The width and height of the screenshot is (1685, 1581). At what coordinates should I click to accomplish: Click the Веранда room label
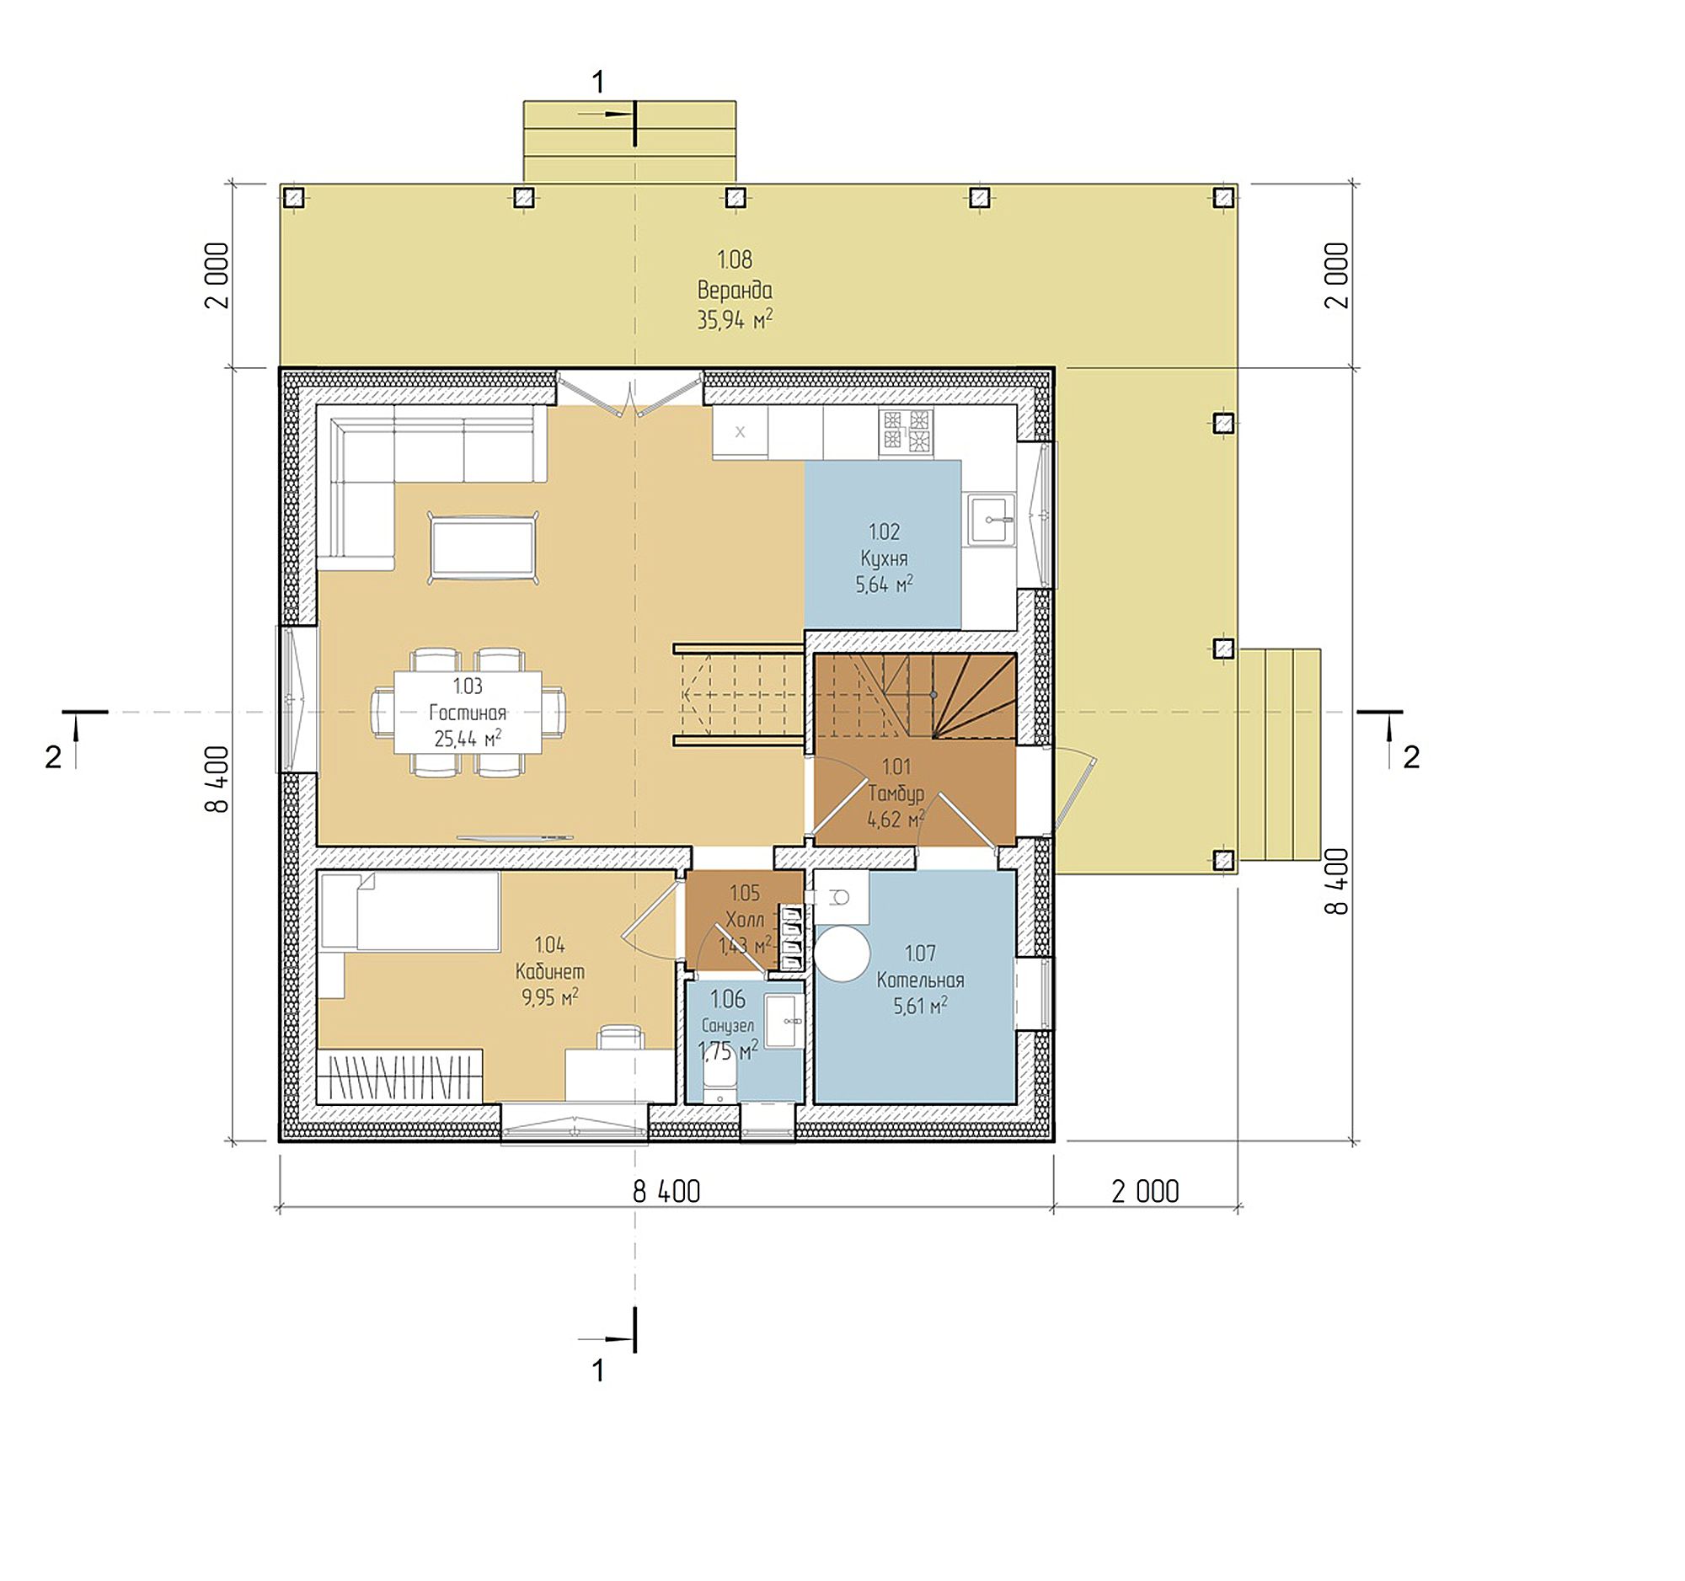pos(734,290)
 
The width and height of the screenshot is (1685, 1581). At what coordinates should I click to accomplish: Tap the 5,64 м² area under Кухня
pos(884,585)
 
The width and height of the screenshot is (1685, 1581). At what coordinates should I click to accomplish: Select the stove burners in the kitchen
pos(906,430)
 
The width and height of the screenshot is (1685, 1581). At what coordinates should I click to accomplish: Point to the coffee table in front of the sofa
pos(482,547)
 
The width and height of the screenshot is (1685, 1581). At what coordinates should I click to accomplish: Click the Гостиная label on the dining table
pos(468,713)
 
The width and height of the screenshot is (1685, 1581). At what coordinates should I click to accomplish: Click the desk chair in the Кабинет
pos(620,1038)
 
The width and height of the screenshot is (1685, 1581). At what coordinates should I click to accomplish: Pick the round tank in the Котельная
pos(842,954)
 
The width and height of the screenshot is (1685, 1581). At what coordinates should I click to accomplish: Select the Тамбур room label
pos(896,793)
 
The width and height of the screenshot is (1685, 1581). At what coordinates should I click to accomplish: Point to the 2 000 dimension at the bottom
pos(1144,1192)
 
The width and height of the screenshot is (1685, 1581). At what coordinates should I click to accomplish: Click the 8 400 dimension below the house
pos(666,1192)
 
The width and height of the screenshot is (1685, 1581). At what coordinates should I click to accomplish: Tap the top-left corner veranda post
pos(293,197)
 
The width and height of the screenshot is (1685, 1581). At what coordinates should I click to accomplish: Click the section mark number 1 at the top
pos(597,83)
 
